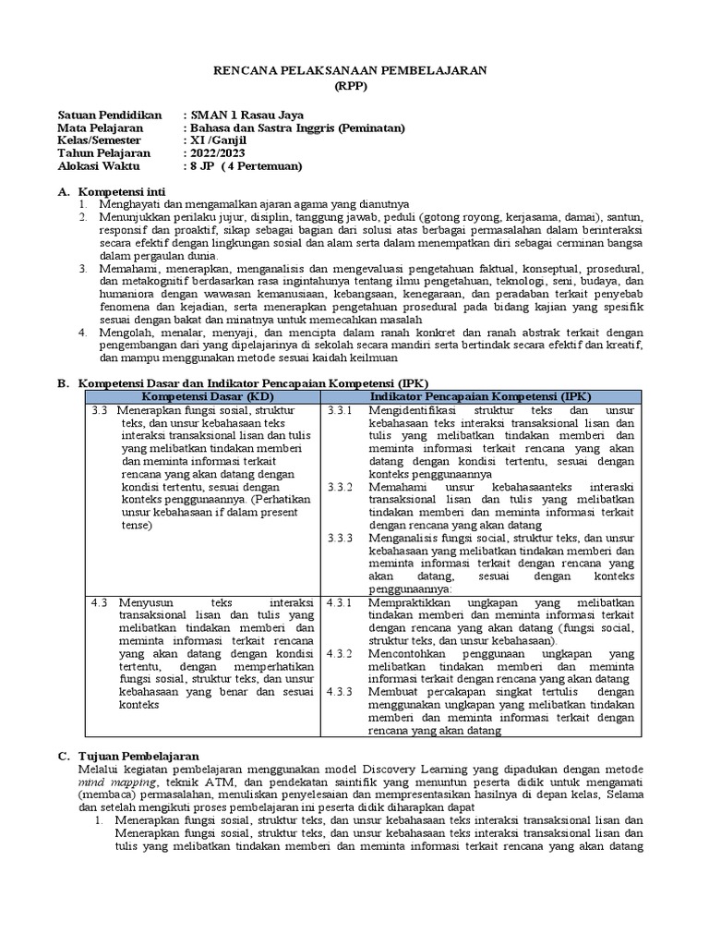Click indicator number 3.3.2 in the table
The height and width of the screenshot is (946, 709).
coord(339,486)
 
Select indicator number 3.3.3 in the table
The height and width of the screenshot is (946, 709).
coord(339,538)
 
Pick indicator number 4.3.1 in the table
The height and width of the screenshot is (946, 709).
coord(339,602)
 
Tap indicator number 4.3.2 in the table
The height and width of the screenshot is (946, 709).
coord(339,654)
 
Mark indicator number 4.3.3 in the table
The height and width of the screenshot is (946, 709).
coord(339,692)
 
